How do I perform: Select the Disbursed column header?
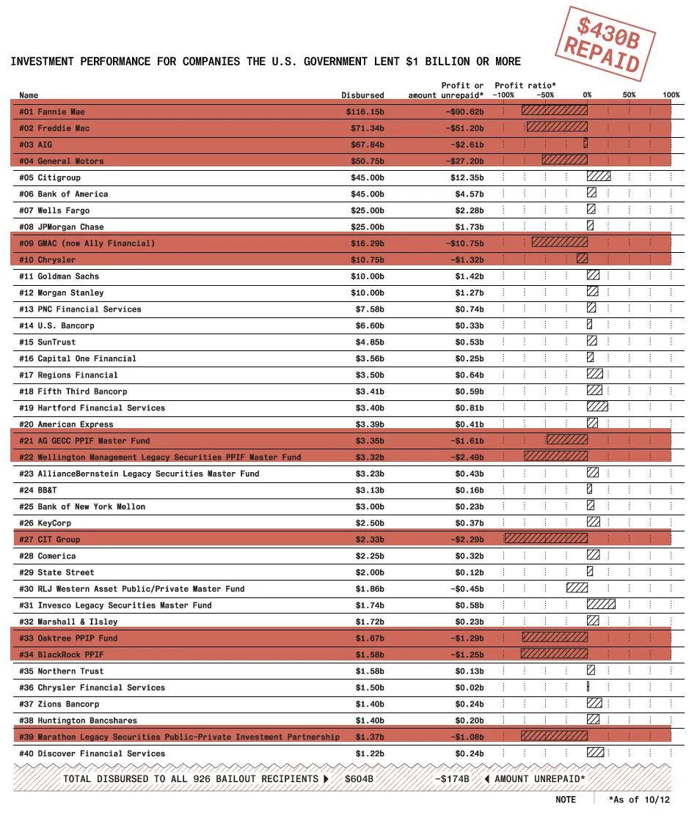362,95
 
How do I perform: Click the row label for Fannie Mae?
52,112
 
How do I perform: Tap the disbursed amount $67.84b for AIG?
365,145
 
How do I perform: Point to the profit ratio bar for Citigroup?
599,177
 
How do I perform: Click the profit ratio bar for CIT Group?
546,540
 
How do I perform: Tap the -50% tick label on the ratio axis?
545,95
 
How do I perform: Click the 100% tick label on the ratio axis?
671,95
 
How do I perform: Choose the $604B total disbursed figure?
359,779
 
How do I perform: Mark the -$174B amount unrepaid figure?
452,779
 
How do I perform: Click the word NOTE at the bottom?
566,800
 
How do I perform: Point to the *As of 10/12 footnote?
639,800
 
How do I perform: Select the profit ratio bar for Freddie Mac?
557,128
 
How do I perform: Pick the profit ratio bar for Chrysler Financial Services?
588,688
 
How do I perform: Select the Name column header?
29,95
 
